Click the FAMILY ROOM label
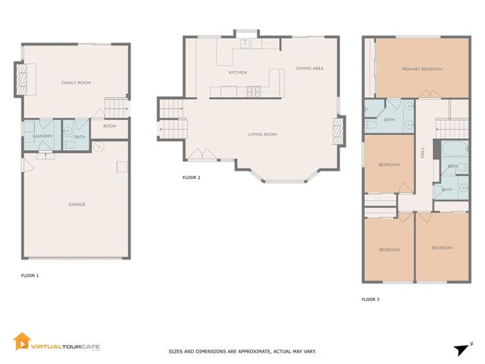point(76,82)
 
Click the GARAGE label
point(77,204)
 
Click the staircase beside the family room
point(116,108)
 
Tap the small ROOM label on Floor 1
point(110,126)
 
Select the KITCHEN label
point(239,72)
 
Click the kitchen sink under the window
point(246,44)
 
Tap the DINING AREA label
point(310,68)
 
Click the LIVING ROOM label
point(263,134)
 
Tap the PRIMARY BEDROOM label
point(422,68)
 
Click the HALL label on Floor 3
point(422,152)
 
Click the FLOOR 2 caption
point(191,177)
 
